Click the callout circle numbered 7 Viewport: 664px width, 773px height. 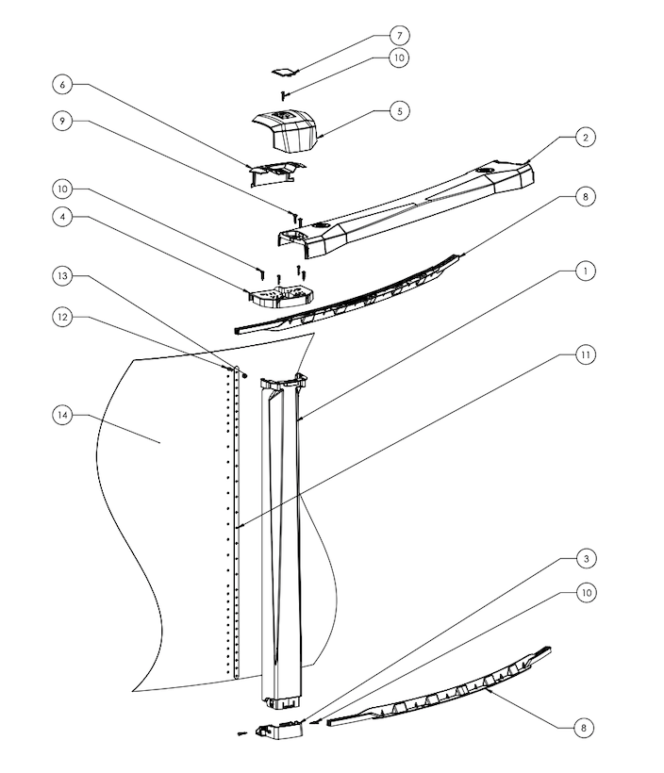coord(400,35)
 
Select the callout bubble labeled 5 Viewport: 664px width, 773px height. coord(400,110)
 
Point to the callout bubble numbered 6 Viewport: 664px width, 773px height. coord(63,84)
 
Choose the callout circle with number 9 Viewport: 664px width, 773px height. coord(63,122)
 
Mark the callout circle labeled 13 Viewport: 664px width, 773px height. coord(63,276)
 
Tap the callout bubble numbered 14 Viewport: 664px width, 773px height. coord(63,416)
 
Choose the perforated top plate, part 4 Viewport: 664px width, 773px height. coord(279,296)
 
